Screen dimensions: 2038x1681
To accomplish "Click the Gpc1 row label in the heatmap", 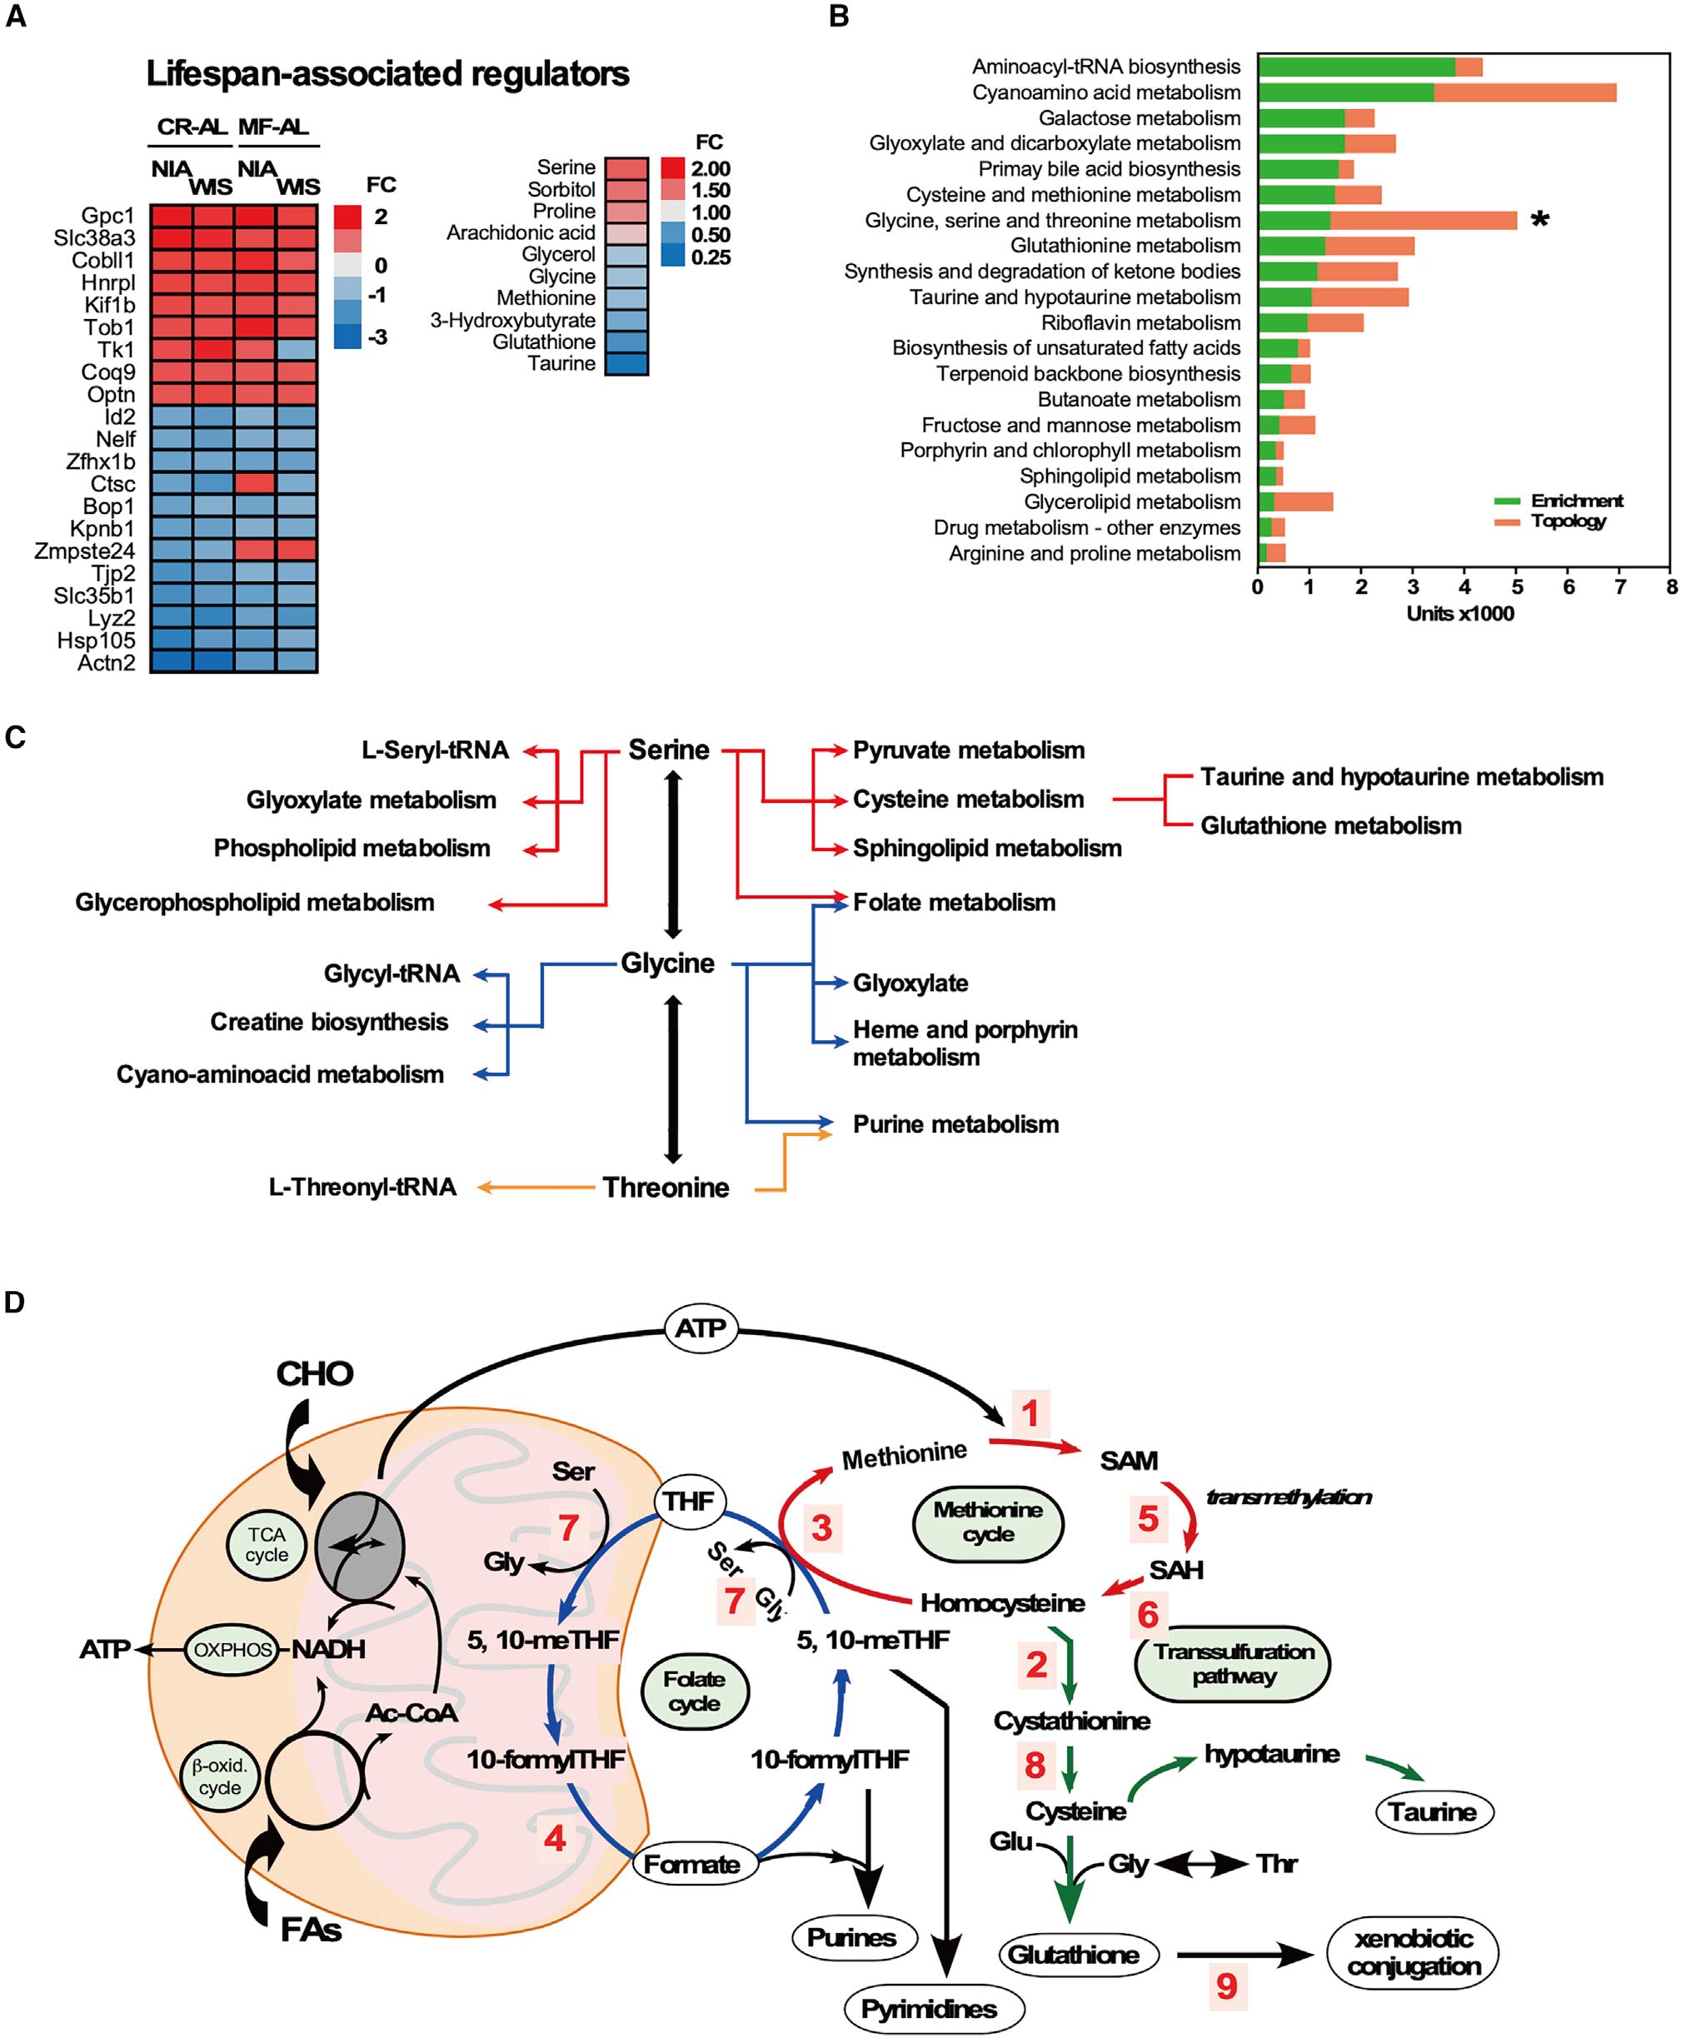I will pos(107,216).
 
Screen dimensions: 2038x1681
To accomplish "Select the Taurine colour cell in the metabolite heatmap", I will pos(626,364).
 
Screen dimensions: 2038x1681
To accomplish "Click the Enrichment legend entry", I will pos(1575,501).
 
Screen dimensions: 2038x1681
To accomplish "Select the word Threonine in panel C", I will pos(666,1187).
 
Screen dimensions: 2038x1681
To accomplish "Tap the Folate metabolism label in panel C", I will pos(953,902).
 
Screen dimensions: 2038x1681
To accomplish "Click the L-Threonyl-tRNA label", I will pos(362,1187).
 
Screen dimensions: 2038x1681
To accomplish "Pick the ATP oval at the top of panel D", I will pos(700,1328).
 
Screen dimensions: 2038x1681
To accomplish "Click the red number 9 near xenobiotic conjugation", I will pos(1227,1986).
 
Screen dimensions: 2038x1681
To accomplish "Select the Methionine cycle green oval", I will pos(988,1522).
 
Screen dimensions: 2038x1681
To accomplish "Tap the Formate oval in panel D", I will pos(691,1864).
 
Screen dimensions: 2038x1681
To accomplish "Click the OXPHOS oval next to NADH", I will pos(232,1649).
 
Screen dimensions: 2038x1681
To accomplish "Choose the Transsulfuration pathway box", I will pos(1233,1663).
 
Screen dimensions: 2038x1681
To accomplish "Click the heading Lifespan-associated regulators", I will pos(387,73).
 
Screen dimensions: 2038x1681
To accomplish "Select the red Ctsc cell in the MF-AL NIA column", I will pos(255,483).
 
